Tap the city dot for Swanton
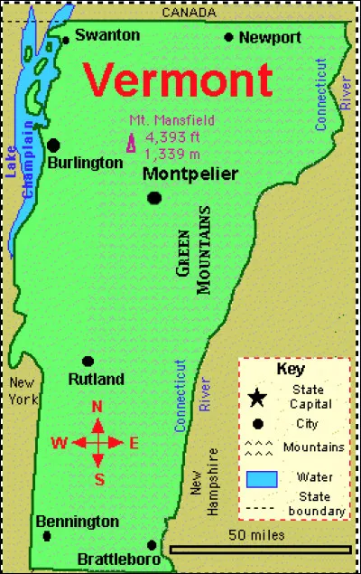pyautogui.click(x=65, y=39)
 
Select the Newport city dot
pyautogui.click(x=228, y=37)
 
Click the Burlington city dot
pyautogui.click(x=54, y=145)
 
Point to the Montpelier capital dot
pyautogui.click(x=154, y=198)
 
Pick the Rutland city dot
pyautogui.click(x=88, y=361)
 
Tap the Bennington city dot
pyautogui.click(x=47, y=536)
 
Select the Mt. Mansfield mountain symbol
pyautogui.click(x=132, y=143)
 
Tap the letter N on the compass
pyautogui.click(x=97, y=407)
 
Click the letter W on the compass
pyautogui.click(x=60, y=443)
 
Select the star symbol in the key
pyautogui.click(x=258, y=396)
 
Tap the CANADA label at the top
pyautogui.click(x=189, y=13)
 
